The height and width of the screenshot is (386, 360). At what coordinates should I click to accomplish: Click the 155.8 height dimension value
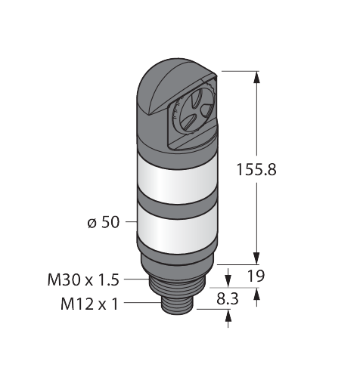(256, 169)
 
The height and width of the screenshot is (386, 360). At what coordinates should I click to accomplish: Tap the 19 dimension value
(256, 276)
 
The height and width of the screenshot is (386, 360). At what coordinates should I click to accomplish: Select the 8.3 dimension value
(228, 299)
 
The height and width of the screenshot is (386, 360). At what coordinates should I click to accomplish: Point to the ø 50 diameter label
(103, 222)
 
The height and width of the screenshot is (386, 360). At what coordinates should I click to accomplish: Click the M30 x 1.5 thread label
(83, 279)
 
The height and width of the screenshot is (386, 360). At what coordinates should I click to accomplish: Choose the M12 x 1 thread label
(89, 304)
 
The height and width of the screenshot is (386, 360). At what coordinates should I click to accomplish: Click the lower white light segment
(177, 231)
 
